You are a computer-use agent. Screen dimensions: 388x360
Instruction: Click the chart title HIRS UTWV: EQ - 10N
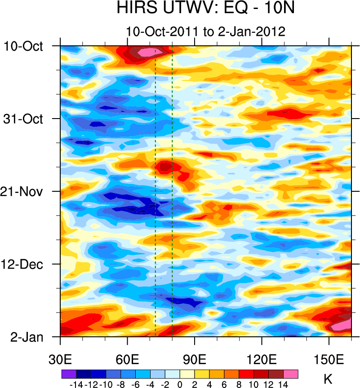coord(205,9)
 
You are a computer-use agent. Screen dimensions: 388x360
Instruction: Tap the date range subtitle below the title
coord(205,32)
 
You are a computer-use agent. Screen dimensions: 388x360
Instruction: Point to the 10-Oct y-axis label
coord(24,46)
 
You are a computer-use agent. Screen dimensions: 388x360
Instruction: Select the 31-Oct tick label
coord(26,119)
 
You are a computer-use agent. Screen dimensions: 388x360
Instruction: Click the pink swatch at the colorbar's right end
coord(291,373)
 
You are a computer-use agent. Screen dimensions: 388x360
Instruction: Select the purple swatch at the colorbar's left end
coord(69,373)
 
